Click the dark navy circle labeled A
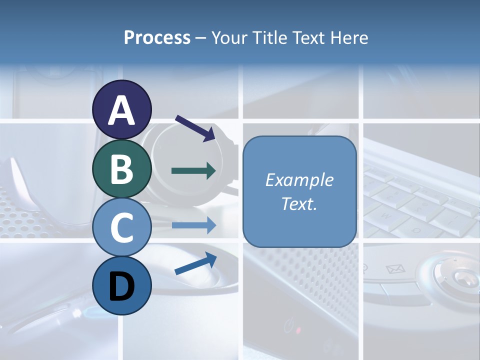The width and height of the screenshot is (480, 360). pyautogui.click(x=122, y=109)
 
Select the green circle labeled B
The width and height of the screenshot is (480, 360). pyautogui.click(x=122, y=168)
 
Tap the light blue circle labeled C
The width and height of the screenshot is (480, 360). pyautogui.click(x=122, y=227)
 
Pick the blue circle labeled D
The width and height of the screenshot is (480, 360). pyautogui.click(x=122, y=285)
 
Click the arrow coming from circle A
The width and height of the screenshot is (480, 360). pyautogui.click(x=195, y=128)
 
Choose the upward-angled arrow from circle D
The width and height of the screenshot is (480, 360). pyautogui.click(x=195, y=263)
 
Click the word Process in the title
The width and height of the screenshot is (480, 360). pyautogui.click(x=157, y=37)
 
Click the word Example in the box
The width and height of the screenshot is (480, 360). pyautogui.click(x=299, y=180)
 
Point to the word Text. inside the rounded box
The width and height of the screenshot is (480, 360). pyautogui.click(x=299, y=203)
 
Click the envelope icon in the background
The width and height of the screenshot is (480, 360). pyautogui.click(x=395, y=270)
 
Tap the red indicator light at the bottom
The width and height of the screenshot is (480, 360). pyautogui.click(x=298, y=330)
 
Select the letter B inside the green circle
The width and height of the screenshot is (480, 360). pyautogui.click(x=122, y=169)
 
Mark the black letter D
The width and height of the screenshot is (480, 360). pyautogui.click(x=122, y=286)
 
